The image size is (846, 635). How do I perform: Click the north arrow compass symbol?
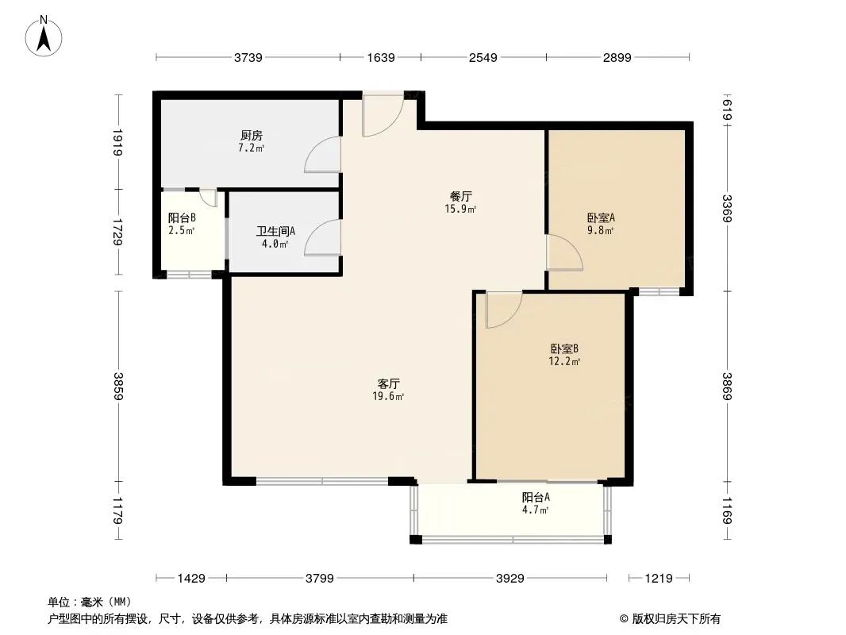point(44,37)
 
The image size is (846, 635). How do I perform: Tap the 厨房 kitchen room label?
point(252,136)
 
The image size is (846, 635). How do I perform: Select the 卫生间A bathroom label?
point(275,232)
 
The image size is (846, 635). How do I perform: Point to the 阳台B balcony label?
point(182,218)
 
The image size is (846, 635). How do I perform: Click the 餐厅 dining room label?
point(461,196)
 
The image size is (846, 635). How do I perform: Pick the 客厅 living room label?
point(388,383)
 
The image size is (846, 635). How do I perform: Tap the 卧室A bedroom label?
point(601,218)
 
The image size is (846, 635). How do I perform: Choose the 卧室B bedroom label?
point(564,349)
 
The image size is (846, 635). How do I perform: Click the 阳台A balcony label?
point(536,498)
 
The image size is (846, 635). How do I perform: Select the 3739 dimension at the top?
point(248,57)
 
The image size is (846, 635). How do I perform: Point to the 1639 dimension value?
point(381,57)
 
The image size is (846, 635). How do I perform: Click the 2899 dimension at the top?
point(617,57)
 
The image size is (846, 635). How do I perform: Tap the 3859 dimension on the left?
point(118,387)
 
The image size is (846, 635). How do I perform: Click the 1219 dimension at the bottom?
point(659,579)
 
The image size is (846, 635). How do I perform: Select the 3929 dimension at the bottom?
point(510,579)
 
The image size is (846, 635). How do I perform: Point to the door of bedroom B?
point(504,310)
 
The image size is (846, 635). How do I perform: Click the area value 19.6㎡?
point(388,397)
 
